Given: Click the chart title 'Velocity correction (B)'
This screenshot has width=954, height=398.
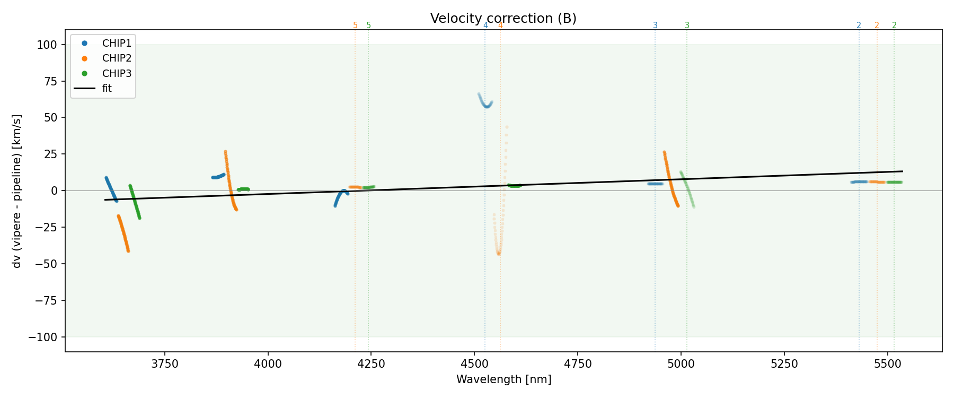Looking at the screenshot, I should [x=503, y=19].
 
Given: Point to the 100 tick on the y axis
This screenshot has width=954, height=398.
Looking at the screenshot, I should [x=47, y=45].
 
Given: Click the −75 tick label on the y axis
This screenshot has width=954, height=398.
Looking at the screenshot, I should [x=45, y=301].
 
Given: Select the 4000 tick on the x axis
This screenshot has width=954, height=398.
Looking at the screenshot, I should [x=268, y=364].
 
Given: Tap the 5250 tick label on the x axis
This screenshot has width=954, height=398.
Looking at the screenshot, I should [x=784, y=364].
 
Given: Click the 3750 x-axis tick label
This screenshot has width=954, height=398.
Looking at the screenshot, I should [x=165, y=364].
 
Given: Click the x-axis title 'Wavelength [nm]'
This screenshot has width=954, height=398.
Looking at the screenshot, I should [x=503, y=380].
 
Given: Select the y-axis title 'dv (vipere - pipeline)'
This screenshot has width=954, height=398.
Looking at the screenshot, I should [x=17, y=191].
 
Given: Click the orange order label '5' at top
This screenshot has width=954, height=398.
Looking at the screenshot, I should [x=355, y=25].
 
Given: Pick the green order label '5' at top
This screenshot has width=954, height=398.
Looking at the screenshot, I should [x=368, y=25].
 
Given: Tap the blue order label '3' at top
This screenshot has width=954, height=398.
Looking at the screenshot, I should [x=655, y=25].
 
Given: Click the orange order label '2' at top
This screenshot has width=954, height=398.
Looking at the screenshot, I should [x=877, y=25].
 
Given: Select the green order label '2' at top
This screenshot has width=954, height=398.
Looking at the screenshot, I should [x=894, y=25].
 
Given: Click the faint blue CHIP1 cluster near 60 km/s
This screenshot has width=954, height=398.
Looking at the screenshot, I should [x=486, y=104].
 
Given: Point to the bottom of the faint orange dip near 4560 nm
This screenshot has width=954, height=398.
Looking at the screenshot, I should [x=499, y=253].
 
